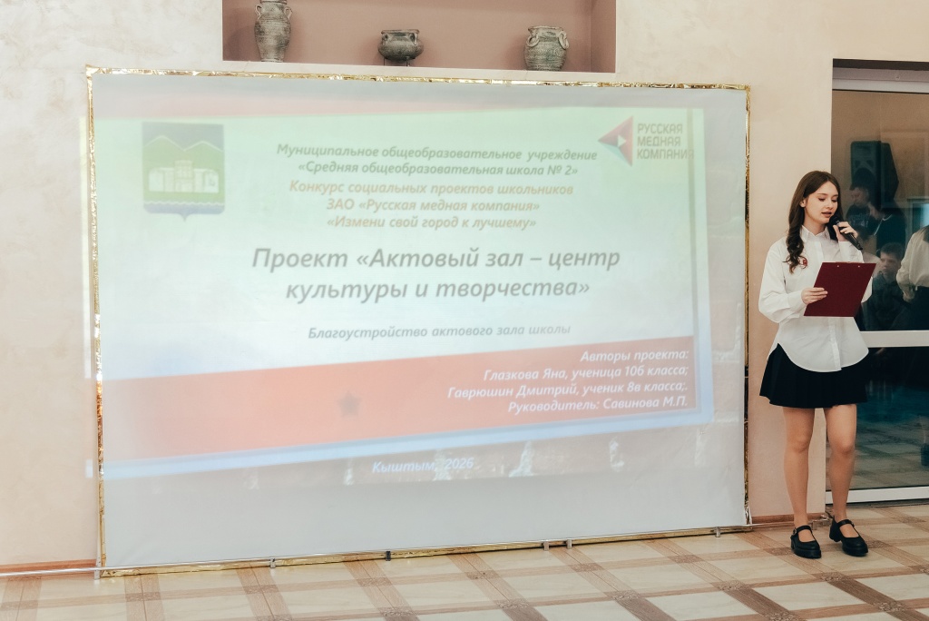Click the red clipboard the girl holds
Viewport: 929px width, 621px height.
point(838,289)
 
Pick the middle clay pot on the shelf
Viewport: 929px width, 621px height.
point(400,45)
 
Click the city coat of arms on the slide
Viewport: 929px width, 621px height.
point(183,169)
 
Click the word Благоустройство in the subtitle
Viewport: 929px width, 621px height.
point(363,331)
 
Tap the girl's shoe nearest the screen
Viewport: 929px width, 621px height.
point(805,542)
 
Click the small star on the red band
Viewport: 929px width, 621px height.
point(348,405)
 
